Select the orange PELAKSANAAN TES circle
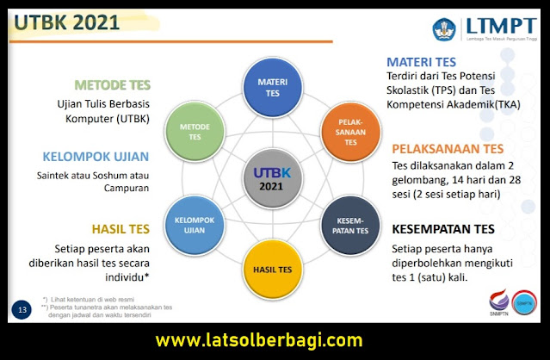[x=351, y=132]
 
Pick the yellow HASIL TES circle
[x=273, y=268]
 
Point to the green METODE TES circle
[x=195, y=132]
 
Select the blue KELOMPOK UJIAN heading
[x=96, y=157]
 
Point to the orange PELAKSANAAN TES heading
[x=448, y=148]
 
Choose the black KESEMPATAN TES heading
[x=443, y=229]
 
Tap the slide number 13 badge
[x=22, y=308]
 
